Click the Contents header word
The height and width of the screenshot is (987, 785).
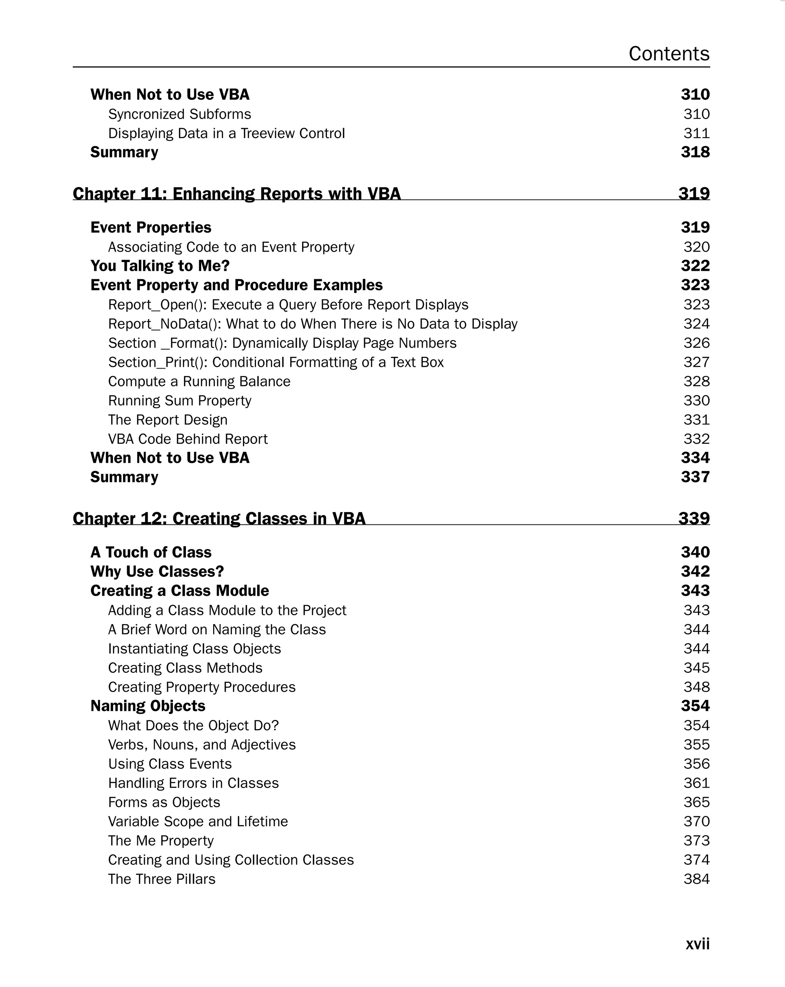(x=669, y=54)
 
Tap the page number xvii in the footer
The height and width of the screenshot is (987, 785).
(x=697, y=944)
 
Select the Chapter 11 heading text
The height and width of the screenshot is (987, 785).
(x=236, y=194)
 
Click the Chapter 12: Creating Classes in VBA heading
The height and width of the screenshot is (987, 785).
(x=218, y=518)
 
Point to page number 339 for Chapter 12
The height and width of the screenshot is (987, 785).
(x=694, y=518)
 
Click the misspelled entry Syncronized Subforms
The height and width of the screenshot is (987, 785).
(x=179, y=114)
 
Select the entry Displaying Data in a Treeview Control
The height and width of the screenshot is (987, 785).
(x=226, y=133)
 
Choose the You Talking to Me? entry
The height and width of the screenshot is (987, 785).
(x=160, y=265)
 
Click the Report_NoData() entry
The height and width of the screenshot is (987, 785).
(x=312, y=324)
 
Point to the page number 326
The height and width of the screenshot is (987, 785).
(x=696, y=343)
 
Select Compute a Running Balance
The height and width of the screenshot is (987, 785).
(x=199, y=381)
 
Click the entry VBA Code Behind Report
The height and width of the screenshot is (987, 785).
(x=187, y=439)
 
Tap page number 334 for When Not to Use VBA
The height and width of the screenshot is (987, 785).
(x=695, y=458)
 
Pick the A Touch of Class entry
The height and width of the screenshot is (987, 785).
(x=151, y=552)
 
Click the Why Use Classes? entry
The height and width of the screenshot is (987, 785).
(x=157, y=571)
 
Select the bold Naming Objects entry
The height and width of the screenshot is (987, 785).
(x=147, y=705)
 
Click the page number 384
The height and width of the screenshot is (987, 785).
(x=696, y=879)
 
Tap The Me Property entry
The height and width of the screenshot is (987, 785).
(x=161, y=840)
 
